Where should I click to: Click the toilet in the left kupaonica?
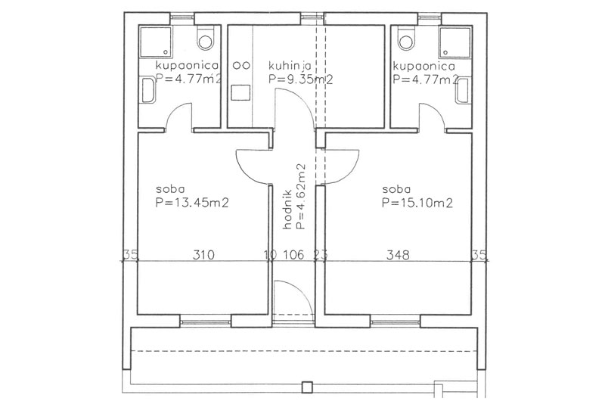tap(205, 38)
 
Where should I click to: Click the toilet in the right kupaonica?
tap(406, 38)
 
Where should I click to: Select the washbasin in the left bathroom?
tap(148, 91)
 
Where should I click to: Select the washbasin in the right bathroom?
tap(462, 91)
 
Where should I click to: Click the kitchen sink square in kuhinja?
tap(240, 93)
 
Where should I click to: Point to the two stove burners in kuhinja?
tap(240, 65)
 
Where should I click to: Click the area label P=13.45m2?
tap(192, 203)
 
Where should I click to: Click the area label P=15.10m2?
tap(417, 203)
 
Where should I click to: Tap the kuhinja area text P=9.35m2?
tap(300, 79)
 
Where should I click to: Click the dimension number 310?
tap(203, 255)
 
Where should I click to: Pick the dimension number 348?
tap(398, 255)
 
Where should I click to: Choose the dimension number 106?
tap(293, 255)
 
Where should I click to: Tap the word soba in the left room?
tap(170, 189)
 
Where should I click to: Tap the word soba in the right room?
tap(396, 189)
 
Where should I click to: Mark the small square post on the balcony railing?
tap(307, 387)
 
